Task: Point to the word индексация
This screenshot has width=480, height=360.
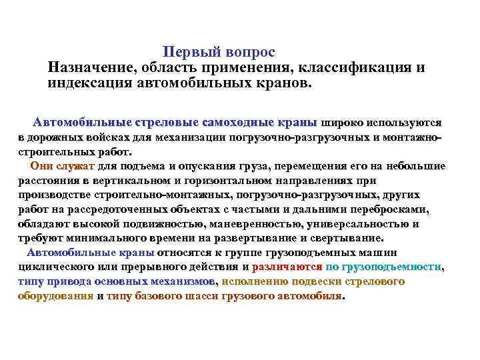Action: [89, 84]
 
